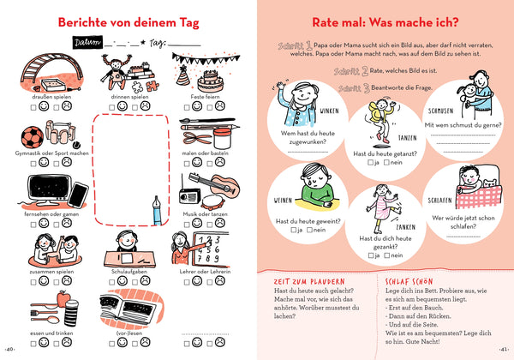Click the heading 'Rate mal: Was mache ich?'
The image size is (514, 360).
coord(383,21)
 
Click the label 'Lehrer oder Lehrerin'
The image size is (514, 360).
coord(202,268)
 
